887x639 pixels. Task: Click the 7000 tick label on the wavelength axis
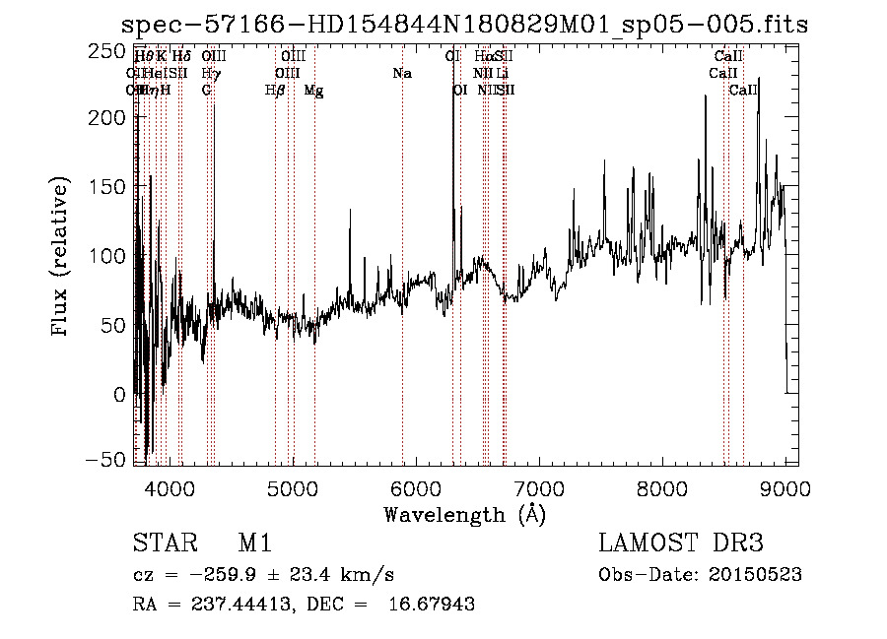[538, 487]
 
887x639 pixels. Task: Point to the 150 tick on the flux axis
[112, 187]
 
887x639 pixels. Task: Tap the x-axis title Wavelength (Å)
[464, 514]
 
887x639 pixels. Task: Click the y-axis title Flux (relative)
[61, 257]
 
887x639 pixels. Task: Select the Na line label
[401, 73]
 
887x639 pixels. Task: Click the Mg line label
[313, 91]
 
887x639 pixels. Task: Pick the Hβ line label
[275, 91]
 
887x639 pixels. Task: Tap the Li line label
[503, 73]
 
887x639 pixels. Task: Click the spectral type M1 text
[254, 544]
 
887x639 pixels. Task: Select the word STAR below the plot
[161, 544]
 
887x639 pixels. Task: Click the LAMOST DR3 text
[681, 544]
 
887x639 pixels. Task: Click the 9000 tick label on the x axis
[785, 487]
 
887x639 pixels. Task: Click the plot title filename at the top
[463, 25]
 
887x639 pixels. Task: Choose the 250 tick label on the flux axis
[112, 49]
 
